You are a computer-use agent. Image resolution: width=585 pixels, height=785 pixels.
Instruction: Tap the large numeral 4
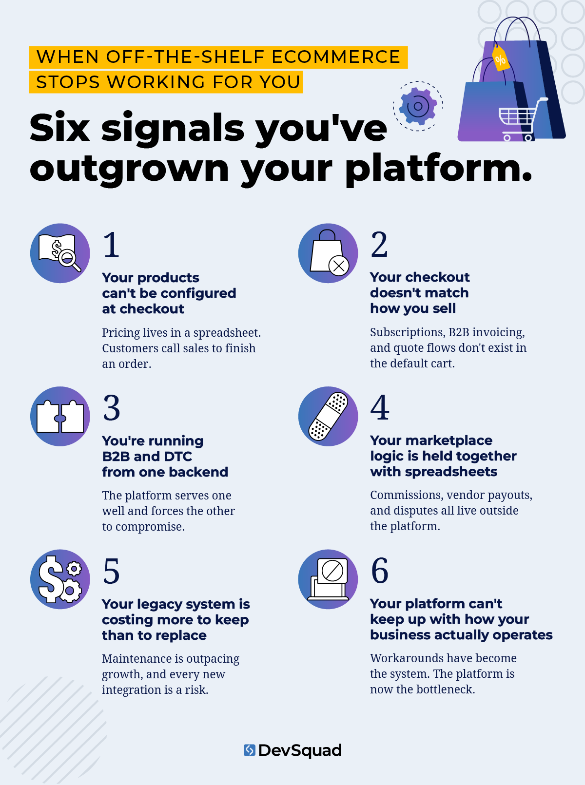380,407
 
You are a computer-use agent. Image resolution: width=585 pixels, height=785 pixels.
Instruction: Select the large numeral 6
380,571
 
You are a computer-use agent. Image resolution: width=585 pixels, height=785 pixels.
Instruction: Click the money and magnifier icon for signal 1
60,253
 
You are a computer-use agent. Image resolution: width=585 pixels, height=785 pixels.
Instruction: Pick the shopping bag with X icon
328,253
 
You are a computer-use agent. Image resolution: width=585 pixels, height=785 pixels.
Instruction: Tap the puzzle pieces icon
60,416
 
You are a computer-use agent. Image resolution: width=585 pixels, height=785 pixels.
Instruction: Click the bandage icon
328,416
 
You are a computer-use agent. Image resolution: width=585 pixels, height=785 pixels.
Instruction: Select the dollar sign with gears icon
60,579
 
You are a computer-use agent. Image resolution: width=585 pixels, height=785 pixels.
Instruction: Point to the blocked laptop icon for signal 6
328,579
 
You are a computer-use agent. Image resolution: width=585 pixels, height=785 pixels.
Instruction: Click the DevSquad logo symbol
249,750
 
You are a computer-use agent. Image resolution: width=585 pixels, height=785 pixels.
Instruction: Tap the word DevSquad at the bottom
300,750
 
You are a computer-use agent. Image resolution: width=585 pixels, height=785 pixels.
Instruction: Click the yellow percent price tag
500,58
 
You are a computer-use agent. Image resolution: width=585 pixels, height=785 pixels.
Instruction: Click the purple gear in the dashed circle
418,106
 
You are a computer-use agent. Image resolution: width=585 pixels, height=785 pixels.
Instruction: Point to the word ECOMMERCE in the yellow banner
336,57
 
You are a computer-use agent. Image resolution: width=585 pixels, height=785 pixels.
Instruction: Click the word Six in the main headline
59,127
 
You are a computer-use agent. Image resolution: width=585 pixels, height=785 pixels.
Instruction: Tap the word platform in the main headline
439,170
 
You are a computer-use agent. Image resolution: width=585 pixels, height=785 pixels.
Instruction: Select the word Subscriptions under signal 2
407,333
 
